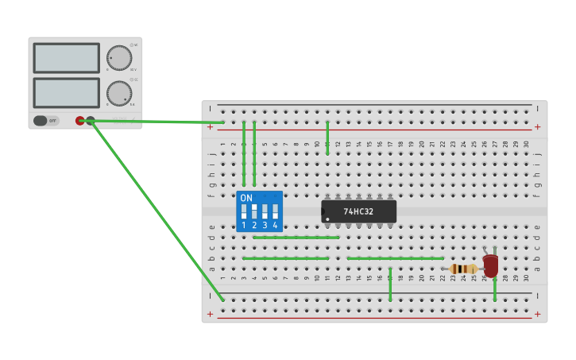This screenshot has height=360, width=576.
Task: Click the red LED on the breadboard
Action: click(491, 265)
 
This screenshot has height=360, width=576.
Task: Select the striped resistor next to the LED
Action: click(463, 269)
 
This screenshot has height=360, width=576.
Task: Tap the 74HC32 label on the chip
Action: click(358, 211)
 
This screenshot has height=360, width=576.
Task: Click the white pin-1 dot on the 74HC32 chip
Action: click(327, 219)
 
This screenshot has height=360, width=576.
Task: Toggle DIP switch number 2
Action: click(254, 211)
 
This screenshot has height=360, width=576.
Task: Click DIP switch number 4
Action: click(275, 211)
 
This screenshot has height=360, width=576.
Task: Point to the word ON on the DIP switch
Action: click(246, 198)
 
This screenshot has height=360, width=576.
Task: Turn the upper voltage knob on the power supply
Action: click(118, 58)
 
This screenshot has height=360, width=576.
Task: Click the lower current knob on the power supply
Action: click(118, 93)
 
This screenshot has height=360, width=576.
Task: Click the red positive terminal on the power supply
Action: click(79, 121)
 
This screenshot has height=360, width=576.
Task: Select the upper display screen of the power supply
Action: click(67, 58)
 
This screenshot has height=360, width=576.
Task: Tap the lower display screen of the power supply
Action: click(67, 93)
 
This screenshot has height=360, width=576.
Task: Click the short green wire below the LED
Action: click(495, 289)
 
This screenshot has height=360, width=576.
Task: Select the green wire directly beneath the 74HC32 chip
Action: click(296, 237)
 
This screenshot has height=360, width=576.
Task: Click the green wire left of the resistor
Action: click(395, 258)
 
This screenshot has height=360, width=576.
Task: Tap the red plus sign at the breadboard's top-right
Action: click(537, 126)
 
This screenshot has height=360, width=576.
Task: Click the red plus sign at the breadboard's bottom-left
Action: click(210, 314)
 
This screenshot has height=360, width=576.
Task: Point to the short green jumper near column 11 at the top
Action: click(327, 137)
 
